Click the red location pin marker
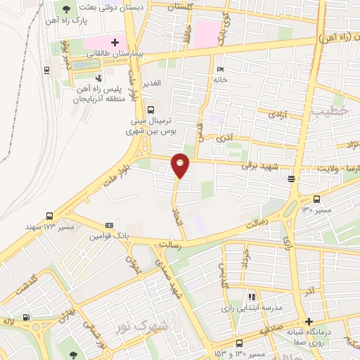(180, 165)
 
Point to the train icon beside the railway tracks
(46, 70)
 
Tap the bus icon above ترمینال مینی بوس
(151, 109)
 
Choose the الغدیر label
(150, 84)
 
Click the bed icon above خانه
(220, 70)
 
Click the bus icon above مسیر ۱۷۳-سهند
(49, 216)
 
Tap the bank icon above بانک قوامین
(109, 224)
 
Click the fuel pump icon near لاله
(26, 317)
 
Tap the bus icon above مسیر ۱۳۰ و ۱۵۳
(240, 343)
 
